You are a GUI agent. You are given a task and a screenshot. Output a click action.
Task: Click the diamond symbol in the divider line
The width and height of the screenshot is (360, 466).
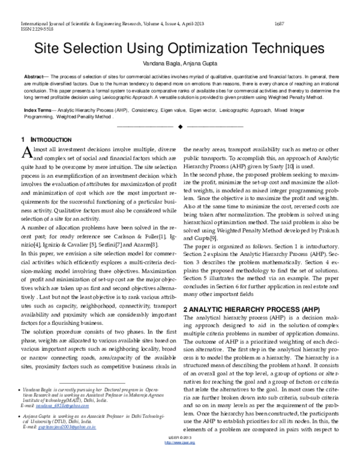coord(180,127)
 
